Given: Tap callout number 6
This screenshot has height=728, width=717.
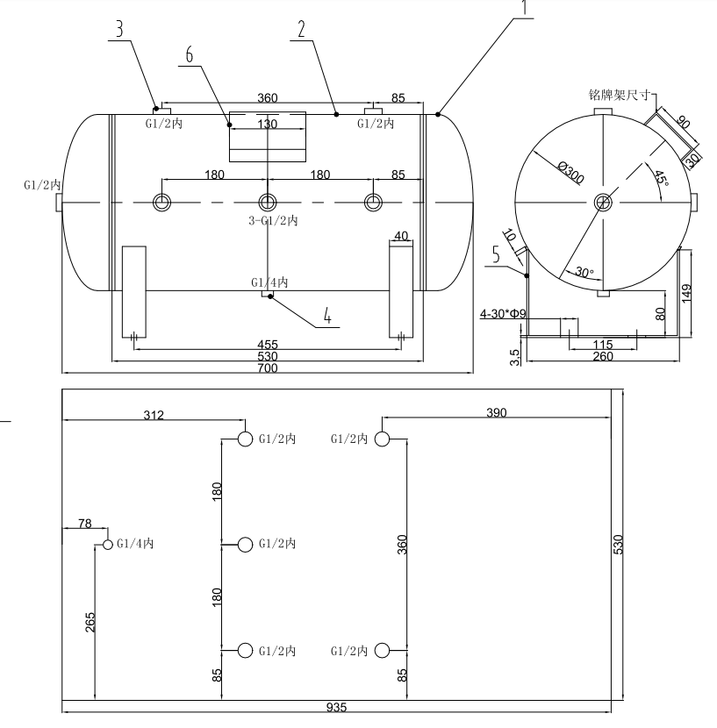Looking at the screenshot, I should [x=190, y=53].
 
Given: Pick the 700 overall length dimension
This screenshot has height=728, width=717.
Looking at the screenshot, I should [x=267, y=368].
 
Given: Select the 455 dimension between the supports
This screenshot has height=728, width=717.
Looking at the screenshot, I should [x=267, y=345].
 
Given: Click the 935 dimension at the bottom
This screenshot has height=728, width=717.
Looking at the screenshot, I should [x=337, y=708].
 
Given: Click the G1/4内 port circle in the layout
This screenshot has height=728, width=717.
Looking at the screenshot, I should [x=108, y=545].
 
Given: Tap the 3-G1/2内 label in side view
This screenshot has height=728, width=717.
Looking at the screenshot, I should [x=273, y=221].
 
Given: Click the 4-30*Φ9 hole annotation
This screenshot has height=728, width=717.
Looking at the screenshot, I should [x=503, y=312].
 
